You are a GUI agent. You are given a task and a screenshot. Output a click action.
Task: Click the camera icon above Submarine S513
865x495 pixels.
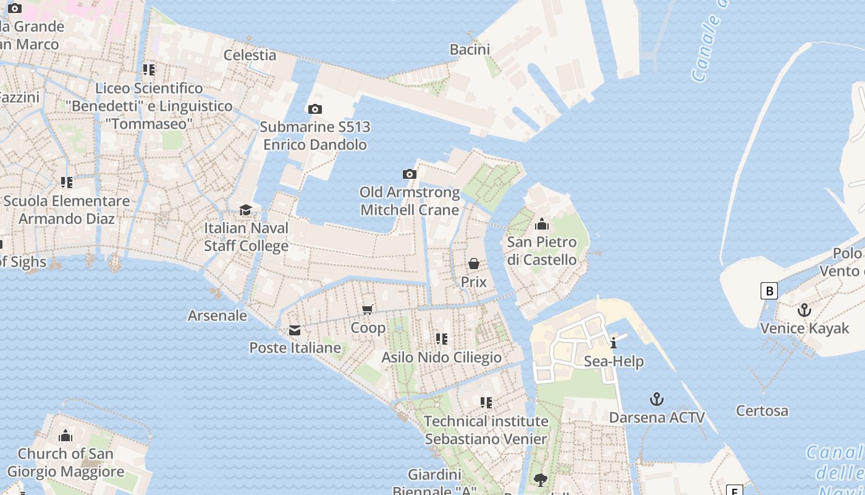pos(314,110)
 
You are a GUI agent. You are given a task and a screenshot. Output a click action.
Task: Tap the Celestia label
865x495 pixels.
pos(250,54)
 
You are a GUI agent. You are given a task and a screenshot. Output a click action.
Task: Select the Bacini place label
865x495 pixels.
pos(470,49)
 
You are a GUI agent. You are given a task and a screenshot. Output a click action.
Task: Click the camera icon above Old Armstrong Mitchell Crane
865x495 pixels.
pos(409,174)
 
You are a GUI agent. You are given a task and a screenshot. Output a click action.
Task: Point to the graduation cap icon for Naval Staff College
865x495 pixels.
pos(245,210)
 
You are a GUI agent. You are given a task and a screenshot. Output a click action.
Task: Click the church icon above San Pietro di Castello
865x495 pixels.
pos(542,224)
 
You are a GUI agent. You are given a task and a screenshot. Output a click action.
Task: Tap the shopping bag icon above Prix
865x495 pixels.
pos(473,264)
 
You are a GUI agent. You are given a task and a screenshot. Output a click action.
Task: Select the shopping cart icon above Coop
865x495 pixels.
pos(368,309)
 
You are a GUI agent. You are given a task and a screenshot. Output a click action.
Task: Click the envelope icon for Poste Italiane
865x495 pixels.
pos(295,330)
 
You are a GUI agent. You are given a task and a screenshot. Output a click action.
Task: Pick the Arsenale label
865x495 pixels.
pos(217,316)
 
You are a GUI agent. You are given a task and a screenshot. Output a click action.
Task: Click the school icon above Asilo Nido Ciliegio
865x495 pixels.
pos(441,339)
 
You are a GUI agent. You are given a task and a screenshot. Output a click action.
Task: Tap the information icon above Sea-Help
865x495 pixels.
pos(613,343)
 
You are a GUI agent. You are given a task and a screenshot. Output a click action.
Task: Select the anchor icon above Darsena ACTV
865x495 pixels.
pos(657,399)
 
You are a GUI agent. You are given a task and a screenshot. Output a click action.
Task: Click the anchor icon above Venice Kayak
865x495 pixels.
pos(804,310)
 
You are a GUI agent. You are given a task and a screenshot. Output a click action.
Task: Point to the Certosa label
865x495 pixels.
pos(762,411)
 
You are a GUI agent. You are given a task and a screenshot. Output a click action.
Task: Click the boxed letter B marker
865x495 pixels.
pos(769,291)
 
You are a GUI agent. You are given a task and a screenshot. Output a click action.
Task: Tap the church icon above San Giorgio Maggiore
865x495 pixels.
pos(65,436)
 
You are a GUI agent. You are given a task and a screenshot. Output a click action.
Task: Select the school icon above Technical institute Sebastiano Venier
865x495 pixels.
pos(486,403)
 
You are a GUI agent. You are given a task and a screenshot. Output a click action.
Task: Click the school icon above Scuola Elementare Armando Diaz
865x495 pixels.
pos(66,183)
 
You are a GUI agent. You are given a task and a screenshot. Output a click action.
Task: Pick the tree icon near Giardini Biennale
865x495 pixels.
pos(540,480)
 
